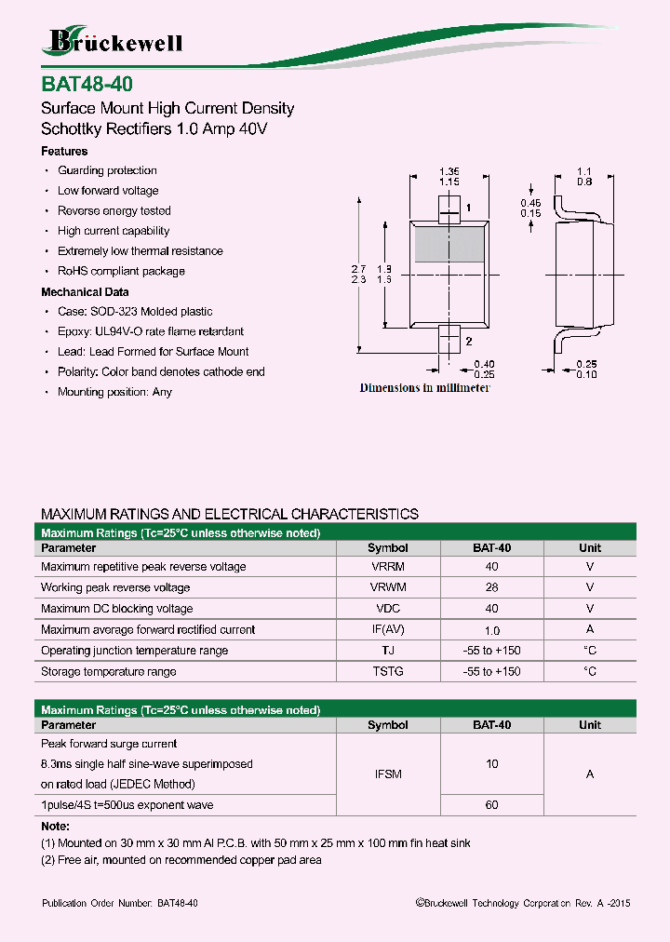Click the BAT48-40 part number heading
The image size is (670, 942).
80,83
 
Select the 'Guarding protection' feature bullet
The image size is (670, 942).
107,170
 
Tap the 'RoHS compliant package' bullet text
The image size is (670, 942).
121,271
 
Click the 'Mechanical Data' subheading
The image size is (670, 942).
85,291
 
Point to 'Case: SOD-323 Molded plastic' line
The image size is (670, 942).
135,312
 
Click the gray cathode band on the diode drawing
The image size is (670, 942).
449,244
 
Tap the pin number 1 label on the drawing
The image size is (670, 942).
469,208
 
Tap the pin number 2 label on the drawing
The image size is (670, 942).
469,342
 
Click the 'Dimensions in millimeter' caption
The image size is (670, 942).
424,388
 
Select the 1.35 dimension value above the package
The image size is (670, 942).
449,171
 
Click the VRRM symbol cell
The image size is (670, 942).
387,567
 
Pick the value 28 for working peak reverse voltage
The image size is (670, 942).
491,587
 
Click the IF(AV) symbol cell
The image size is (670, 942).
387,629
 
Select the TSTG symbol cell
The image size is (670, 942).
387,671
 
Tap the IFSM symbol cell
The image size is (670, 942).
387,774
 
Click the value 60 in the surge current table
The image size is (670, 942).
491,804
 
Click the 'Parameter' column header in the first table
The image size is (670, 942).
69,548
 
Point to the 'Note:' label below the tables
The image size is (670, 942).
56,826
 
